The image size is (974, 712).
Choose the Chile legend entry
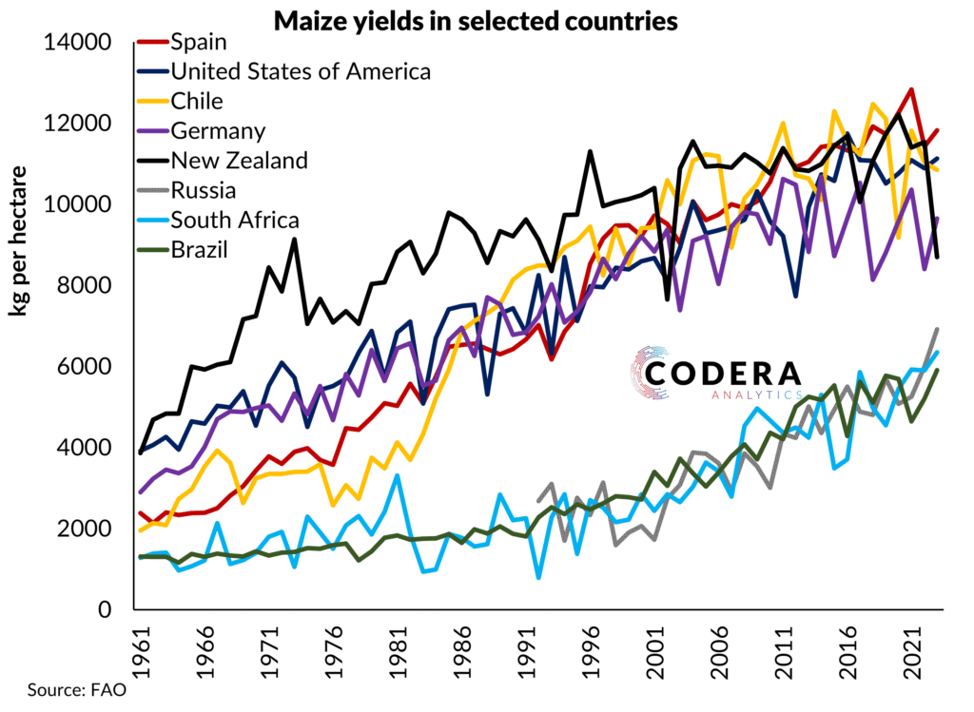[196, 101]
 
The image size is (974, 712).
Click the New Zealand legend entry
[239, 160]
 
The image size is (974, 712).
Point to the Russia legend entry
[200, 190]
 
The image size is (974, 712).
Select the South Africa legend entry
[234, 221]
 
